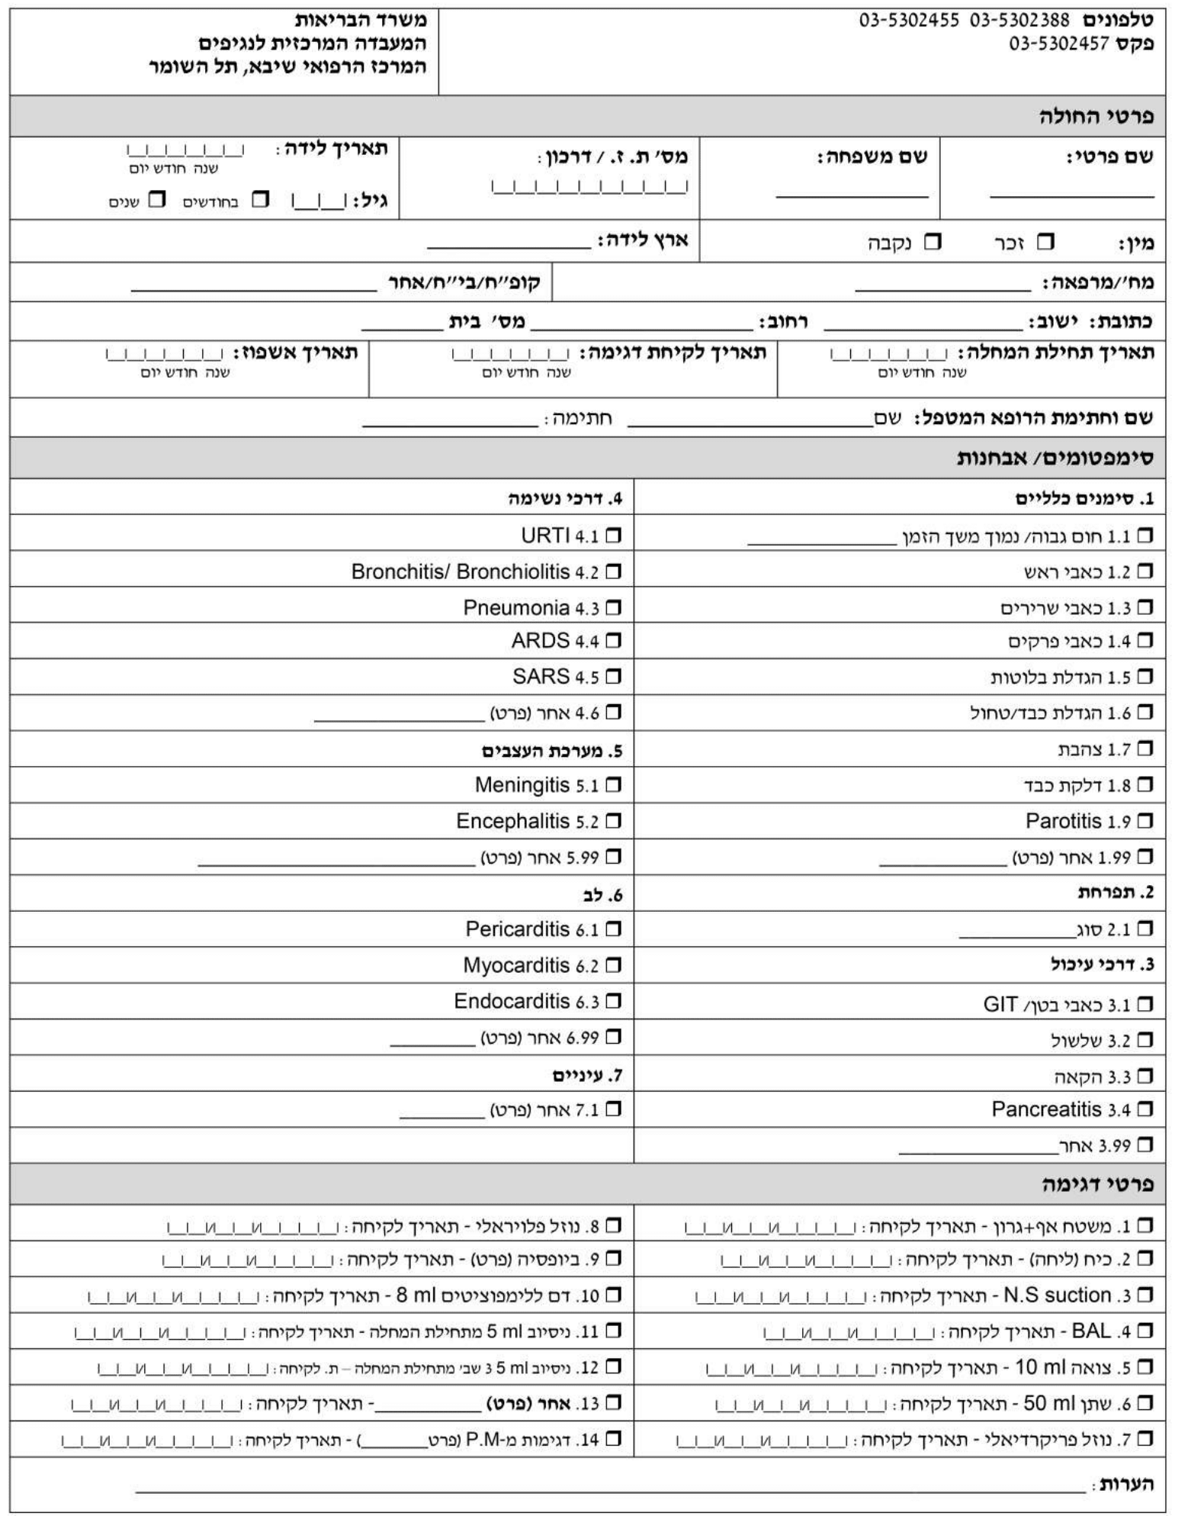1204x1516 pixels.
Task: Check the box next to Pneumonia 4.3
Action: (613, 608)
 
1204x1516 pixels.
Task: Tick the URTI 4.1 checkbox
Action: (613, 536)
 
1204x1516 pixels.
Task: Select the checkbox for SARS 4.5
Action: (613, 677)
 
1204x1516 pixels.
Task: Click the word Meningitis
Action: (522, 784)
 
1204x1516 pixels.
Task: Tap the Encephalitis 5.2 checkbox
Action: (613, 822)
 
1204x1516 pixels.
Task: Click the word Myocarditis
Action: (516, 965)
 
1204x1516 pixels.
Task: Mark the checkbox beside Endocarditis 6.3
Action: (613, 1001)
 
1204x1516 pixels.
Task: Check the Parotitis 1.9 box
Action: (1145, 822)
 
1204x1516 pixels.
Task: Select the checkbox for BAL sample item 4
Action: (1145, 1332)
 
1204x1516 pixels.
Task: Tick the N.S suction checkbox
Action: (1145, 1296)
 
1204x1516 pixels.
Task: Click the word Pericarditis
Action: (517, 929)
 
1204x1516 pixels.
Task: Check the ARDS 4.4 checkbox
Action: (613, 641)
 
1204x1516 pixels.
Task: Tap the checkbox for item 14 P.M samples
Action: (613, 1440)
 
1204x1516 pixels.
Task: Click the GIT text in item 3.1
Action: (1000, 1004)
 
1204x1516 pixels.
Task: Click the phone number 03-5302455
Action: (909, 21)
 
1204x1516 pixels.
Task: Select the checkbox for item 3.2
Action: (1145, 1041)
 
